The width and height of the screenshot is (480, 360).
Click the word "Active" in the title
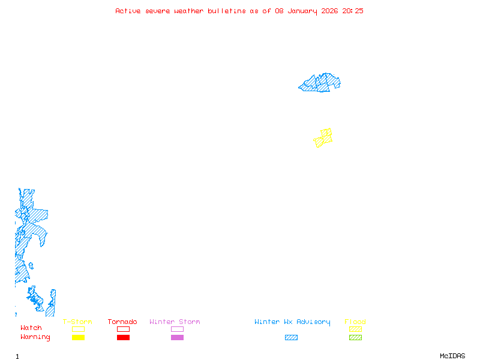[x=128, y=11]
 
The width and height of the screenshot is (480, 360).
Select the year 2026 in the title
[x=329, y=11]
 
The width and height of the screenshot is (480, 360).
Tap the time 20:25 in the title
[x=353, y=11]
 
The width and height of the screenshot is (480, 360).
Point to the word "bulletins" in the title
[x=227, y=11]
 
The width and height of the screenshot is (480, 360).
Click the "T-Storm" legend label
[x=77, y=322]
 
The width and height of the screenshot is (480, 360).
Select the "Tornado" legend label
[x=122, y=322]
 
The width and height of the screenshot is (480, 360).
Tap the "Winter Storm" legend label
[x=175, y=322]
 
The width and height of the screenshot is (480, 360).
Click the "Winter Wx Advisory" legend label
[x=292, y=322]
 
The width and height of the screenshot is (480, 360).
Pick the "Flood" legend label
[x=355, y=322]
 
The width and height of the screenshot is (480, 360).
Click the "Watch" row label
[x=31, y=328]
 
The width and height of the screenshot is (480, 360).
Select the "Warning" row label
[x=35, y=337]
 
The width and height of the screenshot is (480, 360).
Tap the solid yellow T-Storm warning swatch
[x=78, y=337]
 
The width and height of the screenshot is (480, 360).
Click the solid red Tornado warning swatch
[x=123, y=337]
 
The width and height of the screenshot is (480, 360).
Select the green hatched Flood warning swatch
[x=355, y=337]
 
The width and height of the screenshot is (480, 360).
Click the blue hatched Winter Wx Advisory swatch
[x=291, y=337]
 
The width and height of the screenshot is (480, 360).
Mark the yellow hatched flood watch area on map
[x=323, y=138]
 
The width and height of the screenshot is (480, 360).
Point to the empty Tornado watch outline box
[x=123, y=329]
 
